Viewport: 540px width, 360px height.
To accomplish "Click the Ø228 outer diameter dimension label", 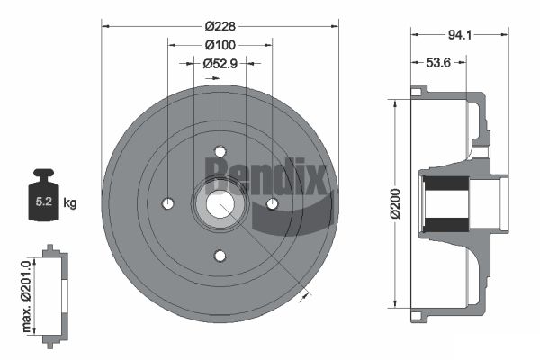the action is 220,26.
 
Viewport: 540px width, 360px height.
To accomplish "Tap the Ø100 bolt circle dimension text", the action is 220,45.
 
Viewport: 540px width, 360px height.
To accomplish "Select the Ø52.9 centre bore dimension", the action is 220,63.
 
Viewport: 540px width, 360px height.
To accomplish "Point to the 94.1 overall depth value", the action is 460,35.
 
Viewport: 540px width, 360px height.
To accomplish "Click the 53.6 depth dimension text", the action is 438,63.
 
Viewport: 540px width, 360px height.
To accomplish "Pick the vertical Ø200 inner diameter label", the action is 396,203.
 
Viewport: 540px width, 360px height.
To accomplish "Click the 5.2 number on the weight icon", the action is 44,202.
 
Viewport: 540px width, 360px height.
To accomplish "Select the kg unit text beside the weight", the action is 70,202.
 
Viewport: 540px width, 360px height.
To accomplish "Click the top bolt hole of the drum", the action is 220,151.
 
